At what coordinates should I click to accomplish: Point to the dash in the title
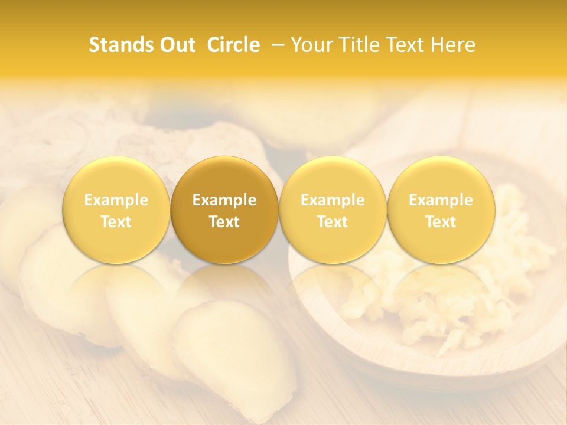click(x=277, y=45)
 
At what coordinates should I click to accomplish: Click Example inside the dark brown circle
click(x=224, y=200)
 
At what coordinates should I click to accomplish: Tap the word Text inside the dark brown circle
click(x=224, y=222)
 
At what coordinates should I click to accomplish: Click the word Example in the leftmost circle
click(x=116, y=200)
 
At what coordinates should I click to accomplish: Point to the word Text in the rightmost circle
click(x=441, y=222)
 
